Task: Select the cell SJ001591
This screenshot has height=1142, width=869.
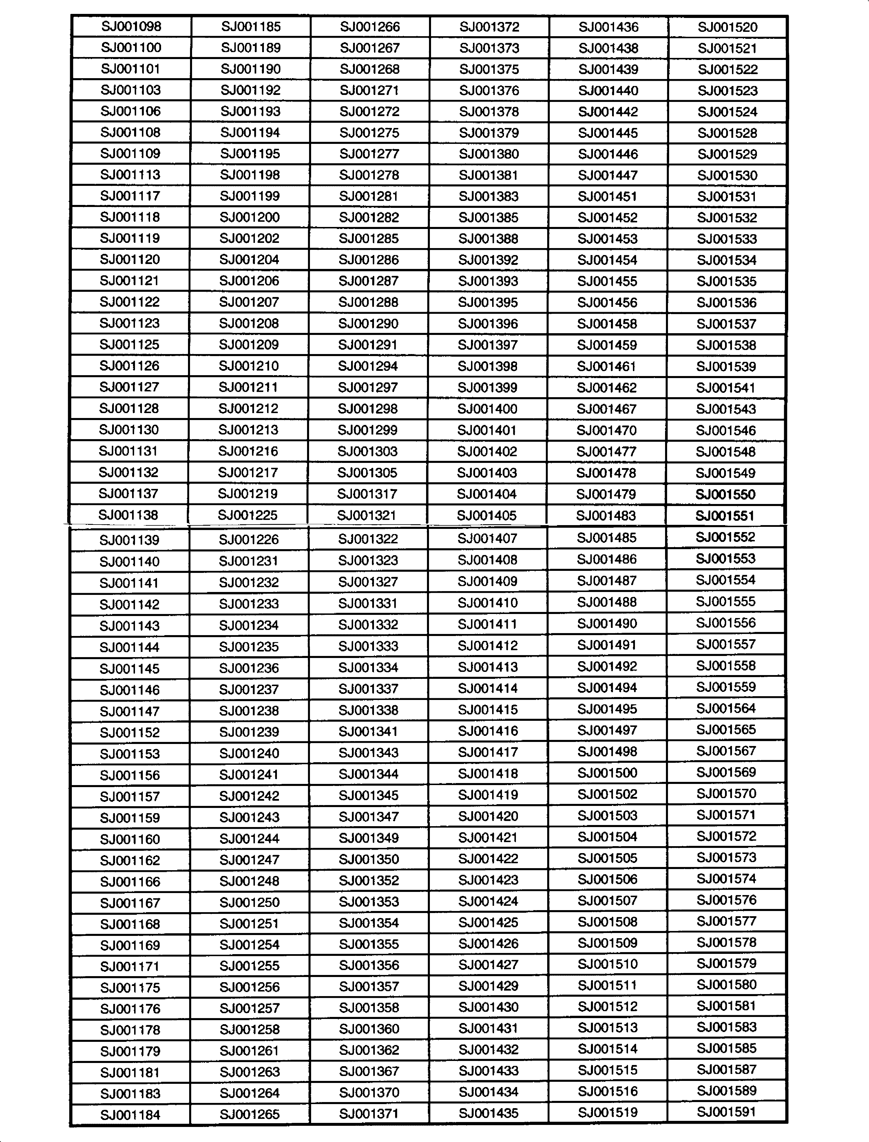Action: coord(727,1112)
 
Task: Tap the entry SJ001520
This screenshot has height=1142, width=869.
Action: coord(727,27)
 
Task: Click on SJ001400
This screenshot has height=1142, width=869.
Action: coord(487,409)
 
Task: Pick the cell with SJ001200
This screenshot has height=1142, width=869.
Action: coord(250,217)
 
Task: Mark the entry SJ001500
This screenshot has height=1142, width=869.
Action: coord(607,773)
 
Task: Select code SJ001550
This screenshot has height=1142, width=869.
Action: coord(725,494)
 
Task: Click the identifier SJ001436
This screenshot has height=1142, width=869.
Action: coord(608,27)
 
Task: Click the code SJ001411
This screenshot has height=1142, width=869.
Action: coord(488,624)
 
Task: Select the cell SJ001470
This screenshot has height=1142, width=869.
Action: coord(607,430)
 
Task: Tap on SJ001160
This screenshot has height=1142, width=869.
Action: coord(130,839)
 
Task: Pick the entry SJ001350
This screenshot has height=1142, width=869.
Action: coord(369,859)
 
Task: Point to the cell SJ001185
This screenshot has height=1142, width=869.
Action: coord(251,26)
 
